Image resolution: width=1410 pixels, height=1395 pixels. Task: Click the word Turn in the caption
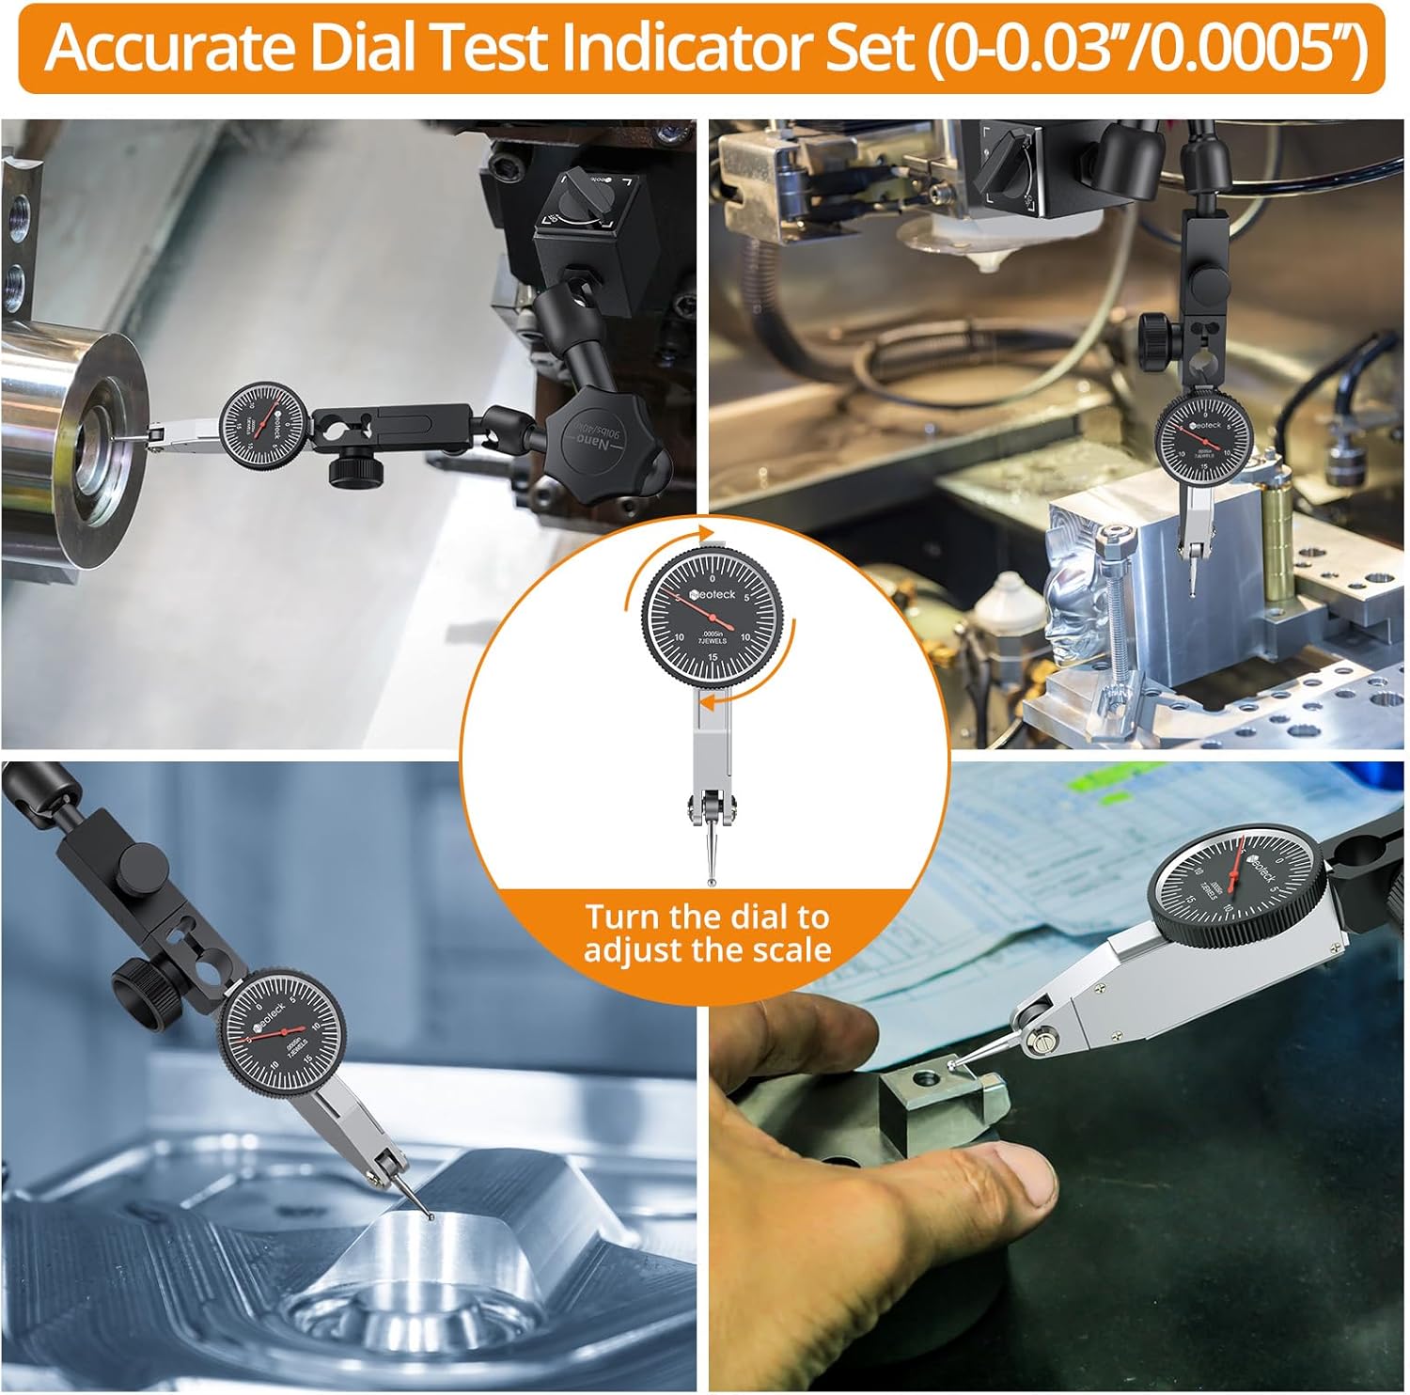click(x=624, y=917)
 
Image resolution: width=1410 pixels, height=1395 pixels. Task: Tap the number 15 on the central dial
click(x=713, y=655)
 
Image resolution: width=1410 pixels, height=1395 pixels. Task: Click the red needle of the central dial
click(x=696, y=609)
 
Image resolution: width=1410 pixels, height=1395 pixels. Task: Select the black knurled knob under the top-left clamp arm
click(x=352, y=467)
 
